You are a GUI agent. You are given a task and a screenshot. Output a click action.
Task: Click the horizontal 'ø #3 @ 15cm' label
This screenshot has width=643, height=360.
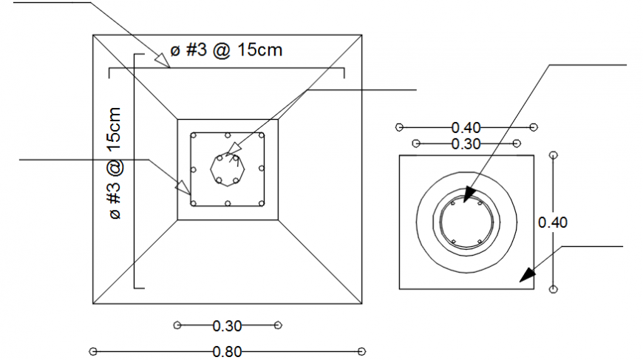(226, 50)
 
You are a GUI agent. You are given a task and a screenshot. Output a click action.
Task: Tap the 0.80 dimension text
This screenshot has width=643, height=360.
(227, 352)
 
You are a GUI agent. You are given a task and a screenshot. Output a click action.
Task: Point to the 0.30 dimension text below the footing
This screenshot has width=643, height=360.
(227, 325)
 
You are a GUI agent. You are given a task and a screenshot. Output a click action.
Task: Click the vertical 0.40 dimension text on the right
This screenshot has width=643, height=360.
(553, 222)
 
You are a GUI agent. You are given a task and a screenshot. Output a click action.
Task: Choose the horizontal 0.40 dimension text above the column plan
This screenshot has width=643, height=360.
(466, 128)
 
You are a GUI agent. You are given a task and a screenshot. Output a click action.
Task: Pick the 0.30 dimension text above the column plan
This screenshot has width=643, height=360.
(466, 143)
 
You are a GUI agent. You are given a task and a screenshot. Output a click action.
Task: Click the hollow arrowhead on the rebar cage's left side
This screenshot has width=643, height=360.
(182, 188)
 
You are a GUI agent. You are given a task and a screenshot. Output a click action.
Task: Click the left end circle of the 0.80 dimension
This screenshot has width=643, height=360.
(93, 351)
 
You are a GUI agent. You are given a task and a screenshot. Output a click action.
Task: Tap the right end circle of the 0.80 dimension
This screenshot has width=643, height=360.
(361, 351)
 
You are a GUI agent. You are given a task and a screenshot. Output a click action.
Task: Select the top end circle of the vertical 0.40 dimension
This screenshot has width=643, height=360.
(554, 154)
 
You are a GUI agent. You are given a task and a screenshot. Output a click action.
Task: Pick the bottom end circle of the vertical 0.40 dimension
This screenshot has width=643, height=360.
(554, 289)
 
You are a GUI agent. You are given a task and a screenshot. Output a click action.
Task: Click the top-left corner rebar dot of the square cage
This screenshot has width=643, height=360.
(194, 136)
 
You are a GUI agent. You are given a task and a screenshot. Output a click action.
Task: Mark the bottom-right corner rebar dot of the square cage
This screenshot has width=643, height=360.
(261, 204)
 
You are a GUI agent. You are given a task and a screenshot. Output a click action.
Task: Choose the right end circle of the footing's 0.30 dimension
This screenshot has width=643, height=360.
(278, 325)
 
